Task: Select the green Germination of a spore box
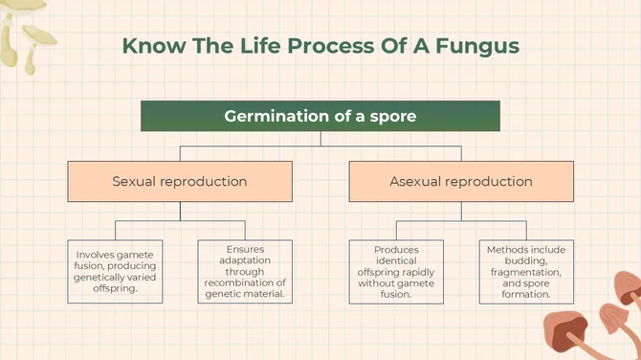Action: (x=320, y=116)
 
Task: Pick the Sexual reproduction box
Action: (x=180, y=181)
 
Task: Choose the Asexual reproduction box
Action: (x=461, y=181)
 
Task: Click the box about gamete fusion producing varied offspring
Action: (x=115, y=271)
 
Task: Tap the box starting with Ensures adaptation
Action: (x=245, y=271)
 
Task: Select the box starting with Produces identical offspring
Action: (x=396, y=271)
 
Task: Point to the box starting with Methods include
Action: (x=526, y=271)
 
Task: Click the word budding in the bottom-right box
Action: (x=526, y=260)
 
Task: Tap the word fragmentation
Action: (x=525, y=272)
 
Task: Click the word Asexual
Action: (x=416, y=181)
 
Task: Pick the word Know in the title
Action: (x=148, y=46)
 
